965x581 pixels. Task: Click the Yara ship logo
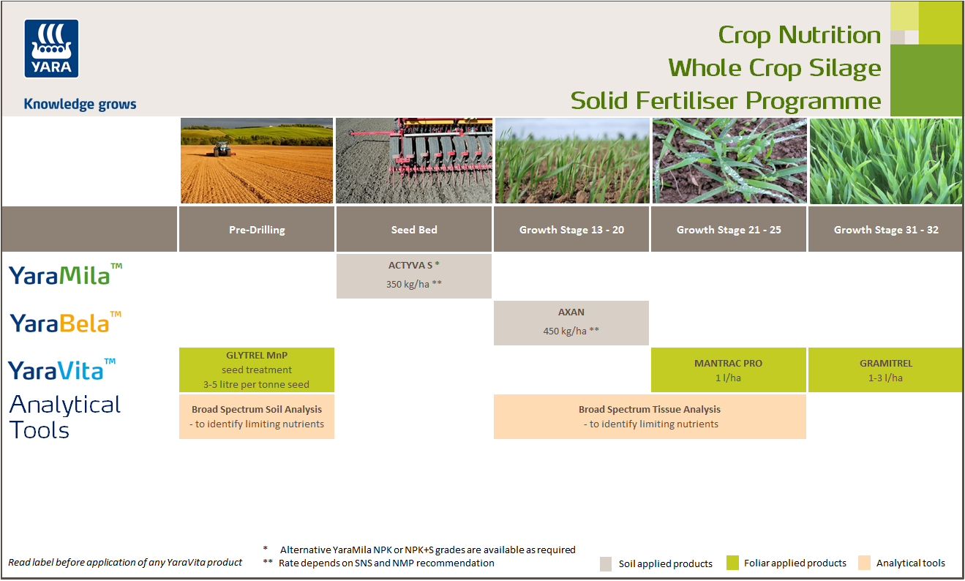51,48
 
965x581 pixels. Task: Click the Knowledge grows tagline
80,104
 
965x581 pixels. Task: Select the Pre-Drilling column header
257,230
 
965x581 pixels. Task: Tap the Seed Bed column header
414,230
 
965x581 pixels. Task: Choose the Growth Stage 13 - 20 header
571,230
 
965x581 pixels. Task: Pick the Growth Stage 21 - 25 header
729,230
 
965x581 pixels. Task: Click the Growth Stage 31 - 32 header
886,230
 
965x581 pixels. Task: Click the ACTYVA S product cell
414,276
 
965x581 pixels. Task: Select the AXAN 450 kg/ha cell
571,322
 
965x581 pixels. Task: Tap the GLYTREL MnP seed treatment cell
257,370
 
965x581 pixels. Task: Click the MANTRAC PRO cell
729,370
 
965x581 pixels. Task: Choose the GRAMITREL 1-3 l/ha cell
885,370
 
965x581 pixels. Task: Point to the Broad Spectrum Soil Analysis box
257,416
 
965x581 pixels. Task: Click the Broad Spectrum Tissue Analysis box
650,416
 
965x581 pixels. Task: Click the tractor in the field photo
221,149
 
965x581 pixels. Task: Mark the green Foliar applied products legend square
732,563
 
